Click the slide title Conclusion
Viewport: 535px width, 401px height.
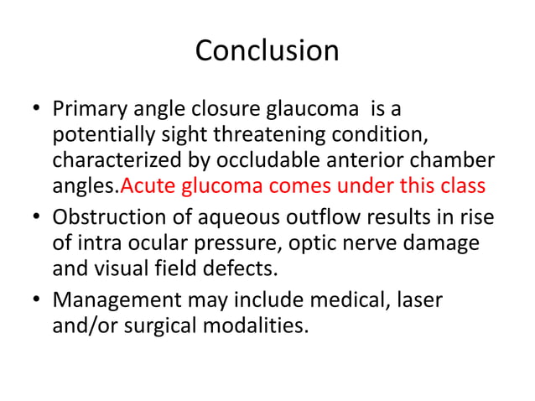point(267,51)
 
